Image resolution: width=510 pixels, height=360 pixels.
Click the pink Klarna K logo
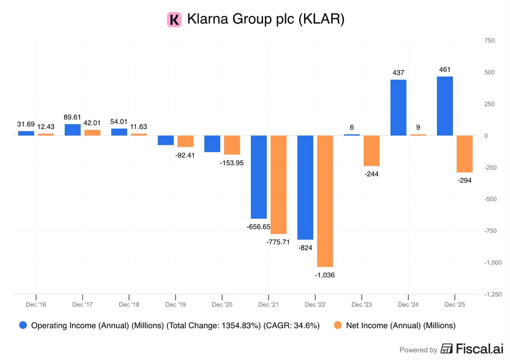[174, 20]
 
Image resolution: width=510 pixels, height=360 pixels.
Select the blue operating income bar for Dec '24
[398, 108]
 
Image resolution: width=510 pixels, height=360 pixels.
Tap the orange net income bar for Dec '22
[325, 201]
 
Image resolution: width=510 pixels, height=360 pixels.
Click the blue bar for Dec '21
[259, 177]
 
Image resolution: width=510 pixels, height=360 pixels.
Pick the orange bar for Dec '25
[465, 154]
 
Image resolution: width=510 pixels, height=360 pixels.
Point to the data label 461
[445, 69]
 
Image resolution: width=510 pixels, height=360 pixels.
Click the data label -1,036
[324, 275]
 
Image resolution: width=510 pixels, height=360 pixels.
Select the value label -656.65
[258, 227]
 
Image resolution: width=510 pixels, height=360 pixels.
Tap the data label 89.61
[72, 117]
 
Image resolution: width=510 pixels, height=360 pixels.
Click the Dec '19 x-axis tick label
[176, 305]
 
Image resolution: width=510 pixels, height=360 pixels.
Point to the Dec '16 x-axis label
[36, 305]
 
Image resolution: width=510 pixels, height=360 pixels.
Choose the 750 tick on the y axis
[489, 41]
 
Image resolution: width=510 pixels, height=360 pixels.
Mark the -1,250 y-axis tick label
[493, 294]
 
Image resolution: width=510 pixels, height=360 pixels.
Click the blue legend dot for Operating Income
[23, 325]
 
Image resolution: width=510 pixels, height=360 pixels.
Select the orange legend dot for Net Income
[338, 325]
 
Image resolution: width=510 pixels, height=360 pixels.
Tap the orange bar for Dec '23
[371, 151]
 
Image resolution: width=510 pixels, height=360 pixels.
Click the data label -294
[465, 180]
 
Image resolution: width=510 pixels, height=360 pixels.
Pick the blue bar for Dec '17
[72, 130]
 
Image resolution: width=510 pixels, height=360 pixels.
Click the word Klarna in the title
[208, 19]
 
